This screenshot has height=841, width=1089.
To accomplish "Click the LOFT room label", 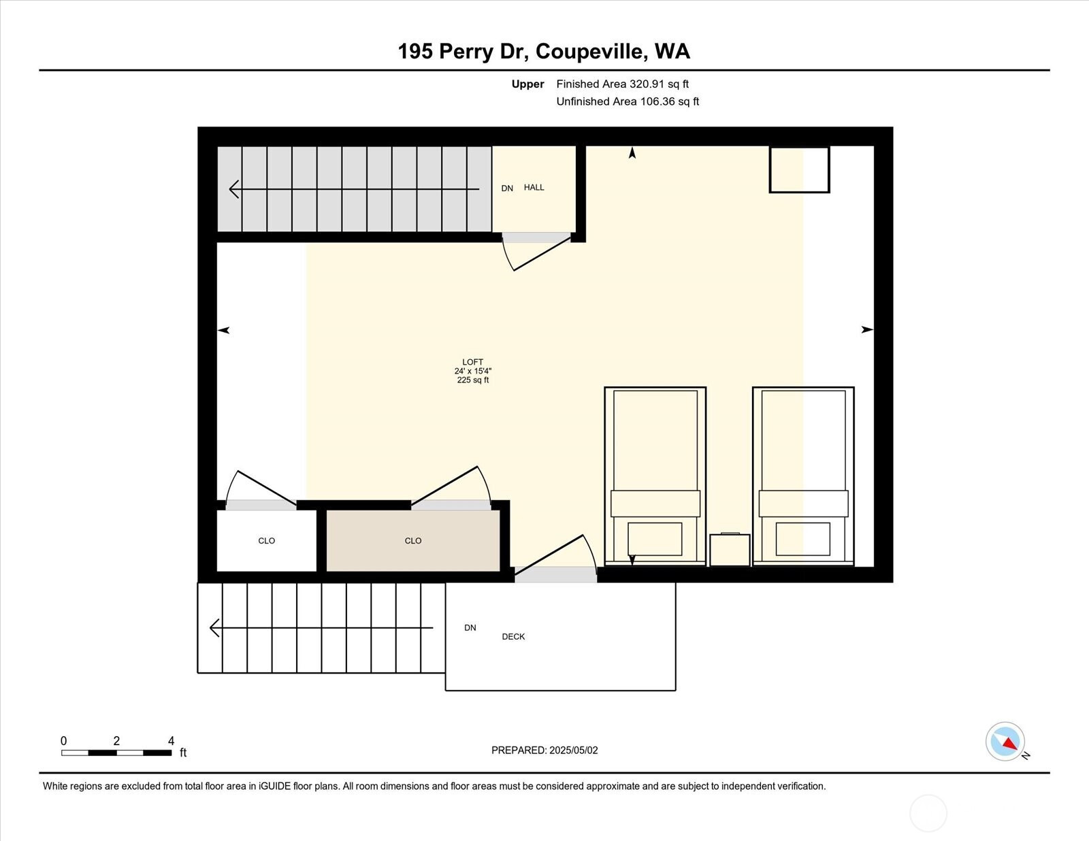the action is (x=472, y=362).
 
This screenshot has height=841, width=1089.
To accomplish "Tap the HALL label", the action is (x=534, y=187).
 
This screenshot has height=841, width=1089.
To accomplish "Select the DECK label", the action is (x=513, y=637).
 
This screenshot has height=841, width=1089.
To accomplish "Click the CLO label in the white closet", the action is (x=266, y=541).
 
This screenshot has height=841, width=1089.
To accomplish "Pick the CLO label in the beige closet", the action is (x=413, y=541).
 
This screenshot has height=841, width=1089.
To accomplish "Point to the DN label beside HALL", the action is (x=507, y=188).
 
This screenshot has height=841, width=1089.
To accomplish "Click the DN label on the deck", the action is (x=470, y=627).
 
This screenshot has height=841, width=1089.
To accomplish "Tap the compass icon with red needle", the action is (x=1005, y=742).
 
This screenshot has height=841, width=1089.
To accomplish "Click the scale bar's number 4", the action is (x=171, y=741).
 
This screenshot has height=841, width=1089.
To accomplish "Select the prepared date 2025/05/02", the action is (x=573, y=751).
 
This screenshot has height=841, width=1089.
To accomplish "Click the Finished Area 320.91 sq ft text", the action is (x=622, y=84).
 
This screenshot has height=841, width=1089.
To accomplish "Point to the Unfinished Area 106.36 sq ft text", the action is (x=628, y=101).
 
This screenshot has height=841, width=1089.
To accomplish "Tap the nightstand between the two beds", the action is (x=730, y=550).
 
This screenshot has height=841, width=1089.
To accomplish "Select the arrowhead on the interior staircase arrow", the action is (x=234, y=189).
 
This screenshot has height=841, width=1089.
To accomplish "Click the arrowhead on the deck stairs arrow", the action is (x=214, y=628).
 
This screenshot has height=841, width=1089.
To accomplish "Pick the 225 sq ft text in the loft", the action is (x=472, y=380).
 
